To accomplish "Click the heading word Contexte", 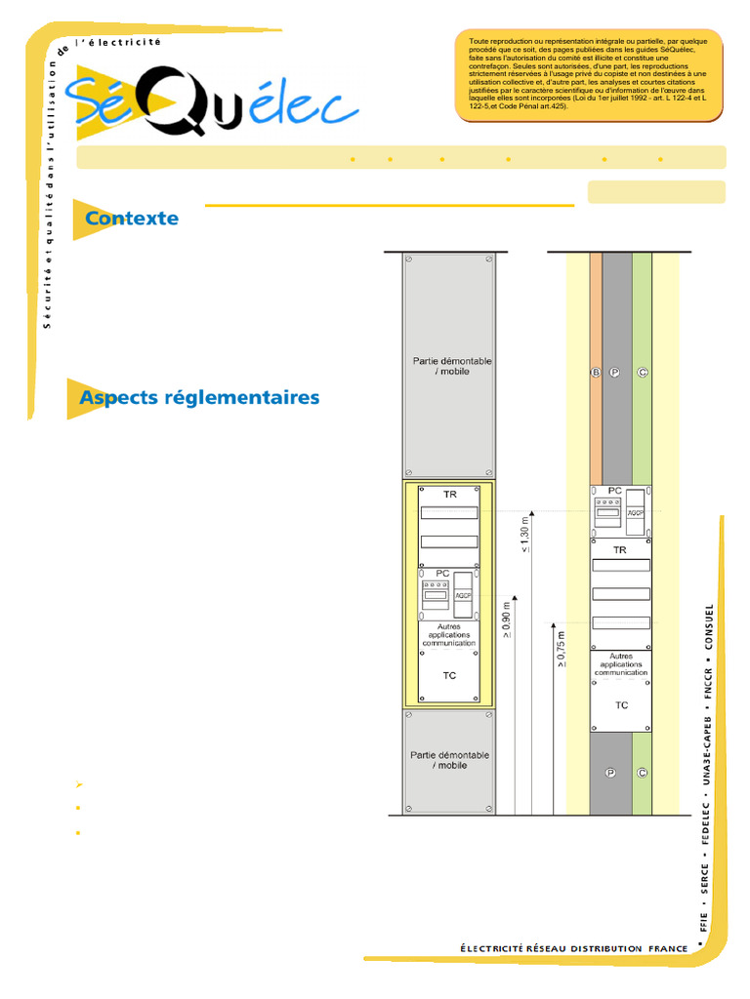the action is (x=132, y=219).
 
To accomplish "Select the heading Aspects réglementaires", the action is (x=199, y=398).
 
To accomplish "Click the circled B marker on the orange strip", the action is (x=595, y=373).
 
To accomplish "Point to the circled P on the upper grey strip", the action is (x=615, y=373).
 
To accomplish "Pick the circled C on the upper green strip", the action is (x=642, y=373).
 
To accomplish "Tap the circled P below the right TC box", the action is (x=610, y=773).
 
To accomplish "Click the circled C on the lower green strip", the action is (x=642, y=773).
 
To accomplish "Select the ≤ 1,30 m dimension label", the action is (x=525, y=535).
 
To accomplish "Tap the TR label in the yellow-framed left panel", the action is (x=449, y=495).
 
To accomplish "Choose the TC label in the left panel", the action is (x=449, y=675).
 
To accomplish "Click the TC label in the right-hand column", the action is (x=621, y=704).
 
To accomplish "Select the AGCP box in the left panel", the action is (x=463, y=595).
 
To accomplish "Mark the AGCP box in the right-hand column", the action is (x=636, y=510).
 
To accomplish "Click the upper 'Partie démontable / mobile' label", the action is (x=450, y=366).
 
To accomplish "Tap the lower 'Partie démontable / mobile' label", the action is (x=450, y=760).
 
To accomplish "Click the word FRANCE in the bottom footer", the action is (x=669, y=948).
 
